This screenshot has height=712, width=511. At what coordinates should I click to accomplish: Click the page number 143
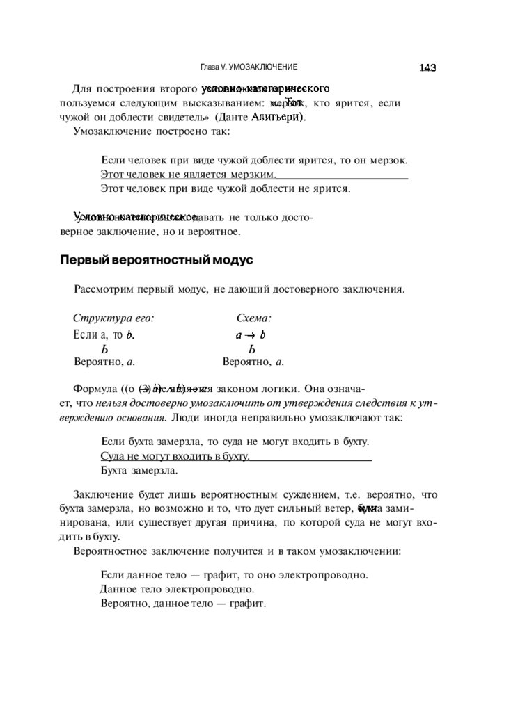point(427,67)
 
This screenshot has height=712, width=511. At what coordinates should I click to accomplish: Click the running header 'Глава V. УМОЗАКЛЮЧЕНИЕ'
point(249,67)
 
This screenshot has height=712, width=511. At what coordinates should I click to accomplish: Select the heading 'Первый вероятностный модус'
point(157,260)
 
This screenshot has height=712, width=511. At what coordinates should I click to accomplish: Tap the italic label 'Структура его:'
point(113,318)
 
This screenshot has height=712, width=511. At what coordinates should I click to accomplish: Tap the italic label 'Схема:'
point(253,318)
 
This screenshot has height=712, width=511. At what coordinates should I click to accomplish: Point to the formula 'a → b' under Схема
point(251,334)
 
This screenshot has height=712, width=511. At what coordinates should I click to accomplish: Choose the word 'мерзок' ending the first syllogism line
point(388,160)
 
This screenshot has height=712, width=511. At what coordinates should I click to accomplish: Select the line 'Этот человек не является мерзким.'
point(189,174)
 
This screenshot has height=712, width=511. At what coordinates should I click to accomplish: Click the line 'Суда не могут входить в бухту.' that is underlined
point(175,456)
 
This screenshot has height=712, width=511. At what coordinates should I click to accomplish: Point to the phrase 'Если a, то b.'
point(104,334)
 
